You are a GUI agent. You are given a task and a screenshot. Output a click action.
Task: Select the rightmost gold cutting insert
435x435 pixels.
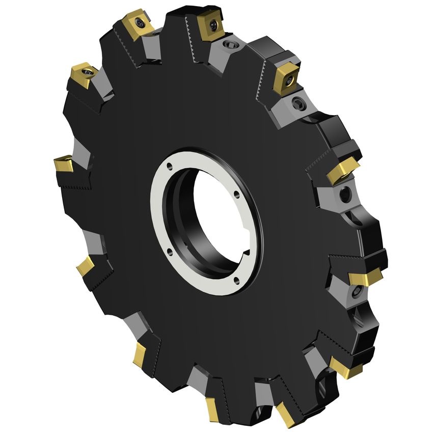coord(366,277)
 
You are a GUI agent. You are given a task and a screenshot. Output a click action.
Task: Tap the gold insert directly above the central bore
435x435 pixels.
coord(211,25)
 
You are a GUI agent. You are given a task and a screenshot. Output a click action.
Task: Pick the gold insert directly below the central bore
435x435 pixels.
coord(213,409)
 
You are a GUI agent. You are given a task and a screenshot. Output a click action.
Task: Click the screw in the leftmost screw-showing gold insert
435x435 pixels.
coord(87,73)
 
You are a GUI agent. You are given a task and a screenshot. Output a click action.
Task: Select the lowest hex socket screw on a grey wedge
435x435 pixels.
coord(357,291)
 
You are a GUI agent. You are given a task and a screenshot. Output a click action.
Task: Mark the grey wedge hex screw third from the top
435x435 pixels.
coord(346,194)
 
